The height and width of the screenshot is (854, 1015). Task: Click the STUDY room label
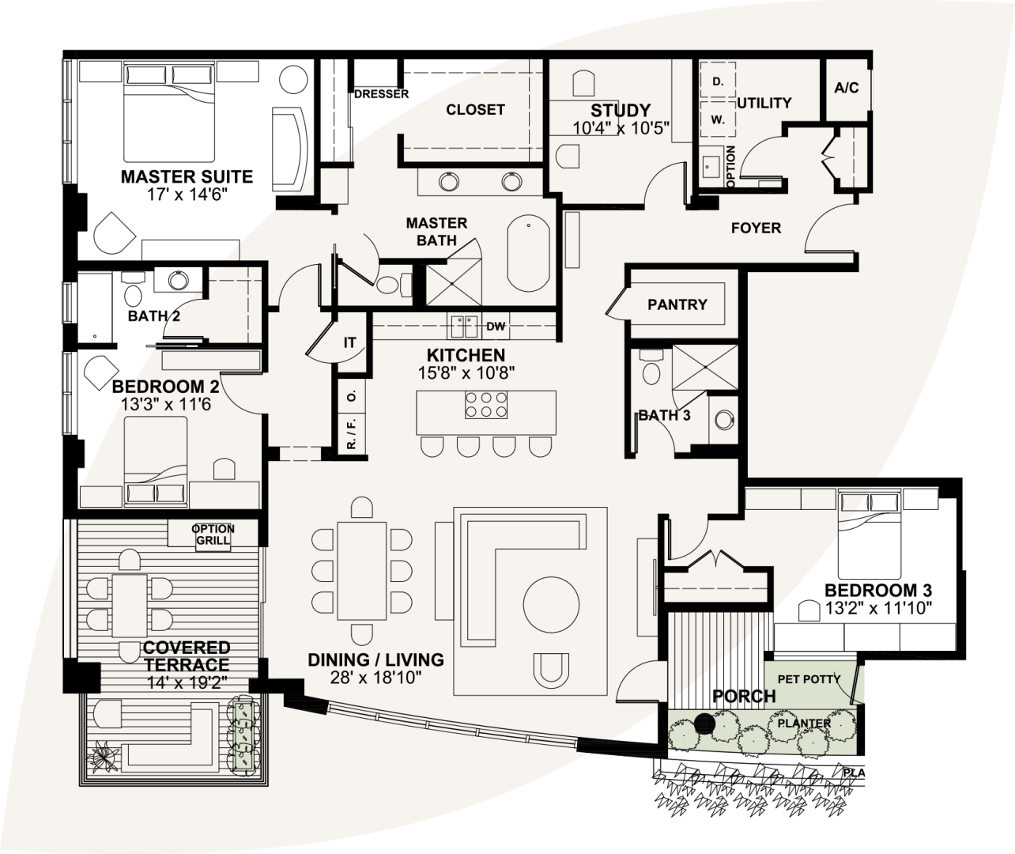coord(621,111)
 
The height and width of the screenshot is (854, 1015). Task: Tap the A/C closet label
coord(846,88)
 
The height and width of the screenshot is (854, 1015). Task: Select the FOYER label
coord(756,229)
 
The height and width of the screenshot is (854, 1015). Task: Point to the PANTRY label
coord(677,304)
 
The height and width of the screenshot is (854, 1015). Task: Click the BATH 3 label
coord(665,415)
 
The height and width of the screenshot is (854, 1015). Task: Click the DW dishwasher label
coord(496,326)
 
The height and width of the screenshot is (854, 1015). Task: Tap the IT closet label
coord(349,343)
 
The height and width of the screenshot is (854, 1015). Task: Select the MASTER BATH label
coord(436,232)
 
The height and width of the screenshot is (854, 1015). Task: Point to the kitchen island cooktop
coord(485,405)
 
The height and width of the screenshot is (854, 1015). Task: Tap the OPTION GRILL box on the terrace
coord(213,535)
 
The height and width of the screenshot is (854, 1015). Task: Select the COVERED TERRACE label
coord(187,656)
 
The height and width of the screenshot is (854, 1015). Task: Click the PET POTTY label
coord(809,679)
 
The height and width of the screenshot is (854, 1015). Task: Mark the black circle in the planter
coord(704,724)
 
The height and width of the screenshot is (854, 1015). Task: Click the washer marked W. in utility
coord(718,120)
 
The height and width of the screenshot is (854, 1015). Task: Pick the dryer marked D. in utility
coord(718,81)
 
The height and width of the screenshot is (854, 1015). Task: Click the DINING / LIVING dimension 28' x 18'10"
coord(375,678)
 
